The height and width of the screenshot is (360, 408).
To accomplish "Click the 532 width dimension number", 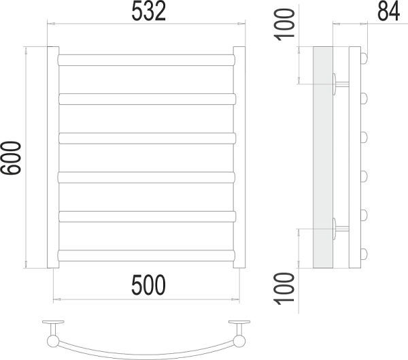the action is pos(148,11).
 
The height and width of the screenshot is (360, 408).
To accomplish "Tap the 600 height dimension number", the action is pos(11,158).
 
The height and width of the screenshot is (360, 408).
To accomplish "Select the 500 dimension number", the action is pos(148,285).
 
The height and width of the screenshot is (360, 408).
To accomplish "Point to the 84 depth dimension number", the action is pos(388,11).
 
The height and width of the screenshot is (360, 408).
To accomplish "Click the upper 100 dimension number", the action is pos(284,24).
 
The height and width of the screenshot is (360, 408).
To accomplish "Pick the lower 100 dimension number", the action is pos(284,289).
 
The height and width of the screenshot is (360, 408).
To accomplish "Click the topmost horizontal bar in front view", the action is pos(146,60).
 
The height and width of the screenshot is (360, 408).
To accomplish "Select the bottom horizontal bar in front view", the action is pos(146,256).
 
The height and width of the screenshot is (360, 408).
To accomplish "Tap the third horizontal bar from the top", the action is pos(148,138).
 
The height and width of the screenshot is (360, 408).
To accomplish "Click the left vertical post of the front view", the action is pos(53,157).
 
